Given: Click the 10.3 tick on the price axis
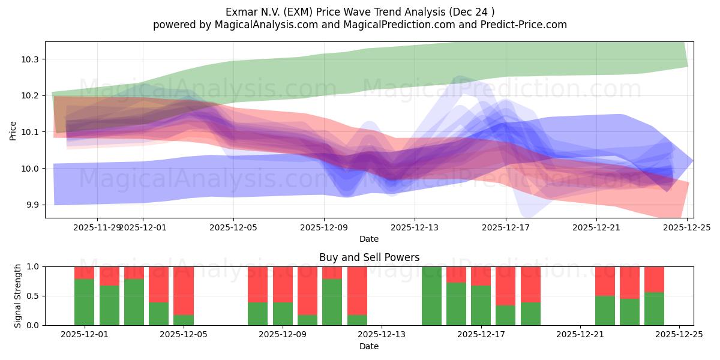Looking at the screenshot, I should (x=31, y=59).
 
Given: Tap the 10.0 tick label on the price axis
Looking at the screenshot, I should (x=31, y=169).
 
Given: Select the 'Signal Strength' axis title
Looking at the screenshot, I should (x=17, y=295).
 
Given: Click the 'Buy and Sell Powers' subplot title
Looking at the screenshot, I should (x=368, y=257).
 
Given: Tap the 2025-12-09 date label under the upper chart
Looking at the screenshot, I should (x=324, y=228).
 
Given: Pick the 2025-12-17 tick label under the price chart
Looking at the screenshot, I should (x=505, y=228).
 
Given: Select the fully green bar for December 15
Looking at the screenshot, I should (x=431, y=295).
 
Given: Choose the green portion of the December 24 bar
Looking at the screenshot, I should (x=654, y=308).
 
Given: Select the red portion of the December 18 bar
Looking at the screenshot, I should (x=505, y=286).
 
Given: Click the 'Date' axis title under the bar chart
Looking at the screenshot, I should (x=368, y=347).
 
